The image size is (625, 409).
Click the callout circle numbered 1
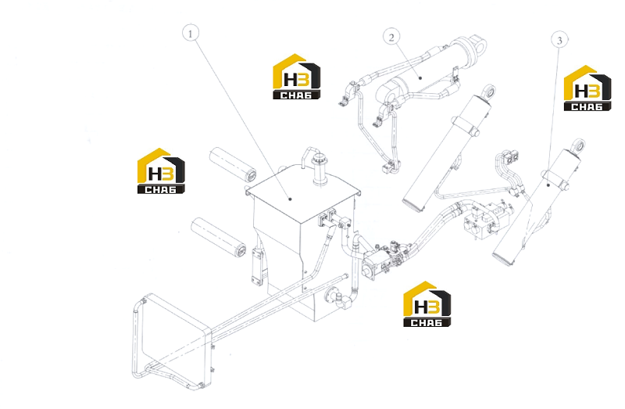point(190,34)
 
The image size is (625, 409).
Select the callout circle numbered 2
point(391,37)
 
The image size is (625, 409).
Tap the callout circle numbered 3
point(559,40)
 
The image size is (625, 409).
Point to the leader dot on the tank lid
point(290,199)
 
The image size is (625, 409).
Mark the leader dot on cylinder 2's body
point(420,78)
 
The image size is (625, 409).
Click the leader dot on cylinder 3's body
point(548,185)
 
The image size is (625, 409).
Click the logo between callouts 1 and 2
point(297,77)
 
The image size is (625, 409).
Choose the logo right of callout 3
point(587,88)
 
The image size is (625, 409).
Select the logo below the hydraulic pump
point(427,304)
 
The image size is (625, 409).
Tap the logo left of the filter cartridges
point(161,171)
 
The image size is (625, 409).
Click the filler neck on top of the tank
point(319,170)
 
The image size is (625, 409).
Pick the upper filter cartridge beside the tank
point(233,164)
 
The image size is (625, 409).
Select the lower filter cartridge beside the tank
point(219,237)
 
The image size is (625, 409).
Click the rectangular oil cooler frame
point(170,340)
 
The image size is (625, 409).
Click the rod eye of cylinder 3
point(578,145)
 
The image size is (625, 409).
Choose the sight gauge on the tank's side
point(258,267)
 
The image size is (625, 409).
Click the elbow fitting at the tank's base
point(339,299)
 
